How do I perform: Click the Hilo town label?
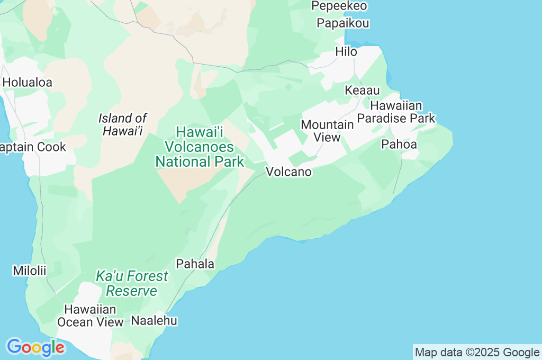point(346,52)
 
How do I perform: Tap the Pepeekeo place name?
point(339,6)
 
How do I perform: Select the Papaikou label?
point(343,23)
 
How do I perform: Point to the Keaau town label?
point(362,91)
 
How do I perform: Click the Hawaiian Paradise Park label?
point(396,112)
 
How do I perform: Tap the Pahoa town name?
point(399,145)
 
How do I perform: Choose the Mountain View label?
point(327,131)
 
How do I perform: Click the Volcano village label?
point(288,172)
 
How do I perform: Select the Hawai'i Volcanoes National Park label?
point(200,147)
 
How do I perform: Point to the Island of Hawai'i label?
point(123,124)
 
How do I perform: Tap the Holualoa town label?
point(28,83)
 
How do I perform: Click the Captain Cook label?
point(33,147)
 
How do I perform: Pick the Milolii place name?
point(30,271)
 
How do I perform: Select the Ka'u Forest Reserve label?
point(132,283)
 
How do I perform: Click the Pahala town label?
point(195,264)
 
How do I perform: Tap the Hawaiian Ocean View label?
point(90,316)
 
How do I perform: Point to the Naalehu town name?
point(154,320)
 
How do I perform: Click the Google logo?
point(35,348)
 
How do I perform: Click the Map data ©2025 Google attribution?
point(477,353)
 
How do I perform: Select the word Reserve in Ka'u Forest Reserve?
point(132,291)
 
